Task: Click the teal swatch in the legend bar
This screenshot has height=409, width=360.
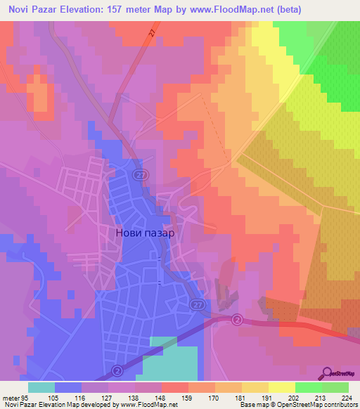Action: point(41,387)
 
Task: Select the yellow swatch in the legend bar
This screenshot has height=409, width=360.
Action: point(281,387)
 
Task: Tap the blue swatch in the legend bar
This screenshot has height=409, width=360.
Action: point(68,387)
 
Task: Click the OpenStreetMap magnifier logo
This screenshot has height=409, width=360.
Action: point(328,372)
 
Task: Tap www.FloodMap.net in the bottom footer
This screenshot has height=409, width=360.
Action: point(141,405)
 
